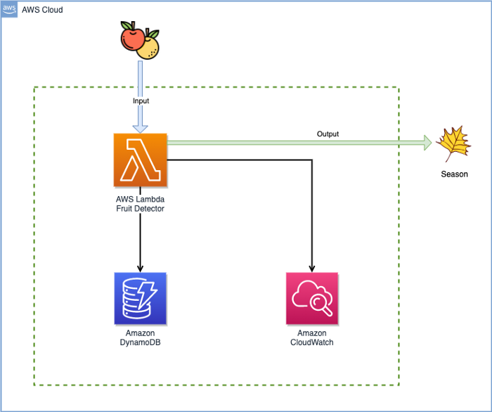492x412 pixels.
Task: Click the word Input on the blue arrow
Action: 141,101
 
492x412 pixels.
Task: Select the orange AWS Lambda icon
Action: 141,160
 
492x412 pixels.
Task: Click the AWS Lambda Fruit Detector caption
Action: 141,203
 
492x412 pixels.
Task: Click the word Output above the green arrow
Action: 328,134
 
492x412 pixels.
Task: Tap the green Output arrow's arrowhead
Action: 427,143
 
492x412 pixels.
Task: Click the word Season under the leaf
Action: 454,174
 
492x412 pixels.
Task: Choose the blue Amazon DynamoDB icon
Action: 141,299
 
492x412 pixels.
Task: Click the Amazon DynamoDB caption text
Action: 141,337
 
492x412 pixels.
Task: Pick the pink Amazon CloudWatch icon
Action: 311,299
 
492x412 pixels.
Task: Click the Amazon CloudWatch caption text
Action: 311,337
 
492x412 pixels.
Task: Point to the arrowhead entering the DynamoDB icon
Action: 141,269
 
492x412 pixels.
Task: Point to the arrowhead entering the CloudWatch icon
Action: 311,269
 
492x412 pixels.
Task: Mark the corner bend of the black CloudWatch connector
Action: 311,160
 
